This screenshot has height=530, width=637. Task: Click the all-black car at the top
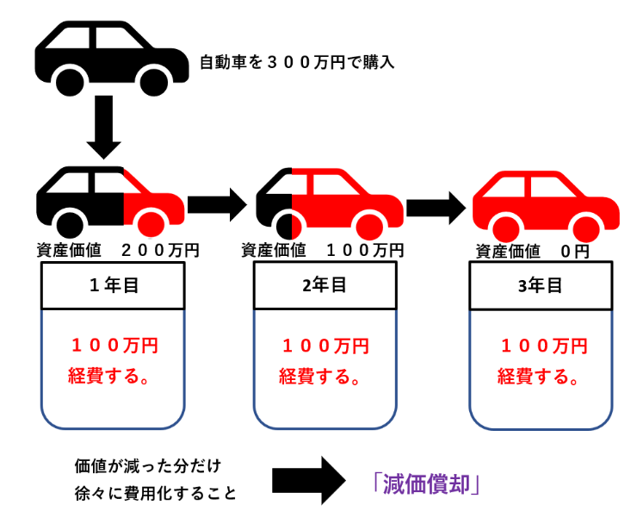point(110,59)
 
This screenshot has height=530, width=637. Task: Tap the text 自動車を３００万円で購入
point(297,62)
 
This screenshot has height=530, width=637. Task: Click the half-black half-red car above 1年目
point(110,200)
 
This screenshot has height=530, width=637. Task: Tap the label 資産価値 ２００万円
point(118,251)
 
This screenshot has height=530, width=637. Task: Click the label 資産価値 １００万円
point(322,251)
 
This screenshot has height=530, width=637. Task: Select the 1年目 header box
point(113,285)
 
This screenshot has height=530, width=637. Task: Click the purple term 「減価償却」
point(421,483)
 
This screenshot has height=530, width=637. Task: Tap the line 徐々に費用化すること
point(155,494)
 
